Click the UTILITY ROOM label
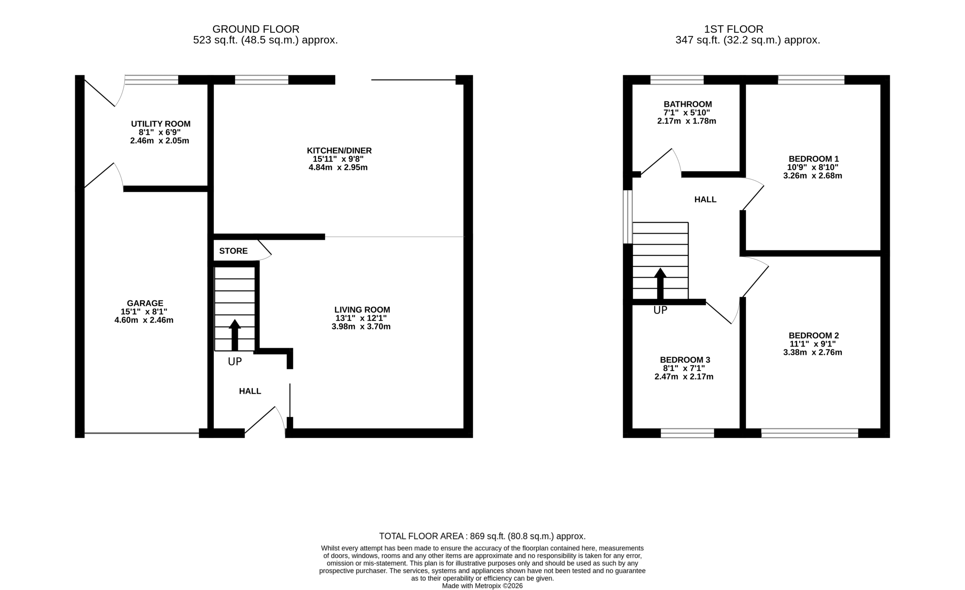click(161, 124)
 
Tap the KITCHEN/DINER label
click(339, 150)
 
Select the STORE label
click(233, 251)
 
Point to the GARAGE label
click(145, 303)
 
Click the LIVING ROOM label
click(362, 310)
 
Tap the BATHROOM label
click(688, 104)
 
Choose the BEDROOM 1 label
click(814, 159)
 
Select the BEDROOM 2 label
click(814, 336)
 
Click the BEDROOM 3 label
click(685, 360)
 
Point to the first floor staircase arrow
click(660, 284)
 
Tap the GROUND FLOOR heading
click(256, 29)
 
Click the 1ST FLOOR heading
click(734, 29)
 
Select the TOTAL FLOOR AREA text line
click(482, 536)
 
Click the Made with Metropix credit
click(482, 586)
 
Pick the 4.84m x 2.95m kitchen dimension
click(338, 168)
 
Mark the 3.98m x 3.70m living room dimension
click(361, 327)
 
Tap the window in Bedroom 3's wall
click(687, 433)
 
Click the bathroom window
click(677, 80)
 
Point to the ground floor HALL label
click(250, 391)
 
